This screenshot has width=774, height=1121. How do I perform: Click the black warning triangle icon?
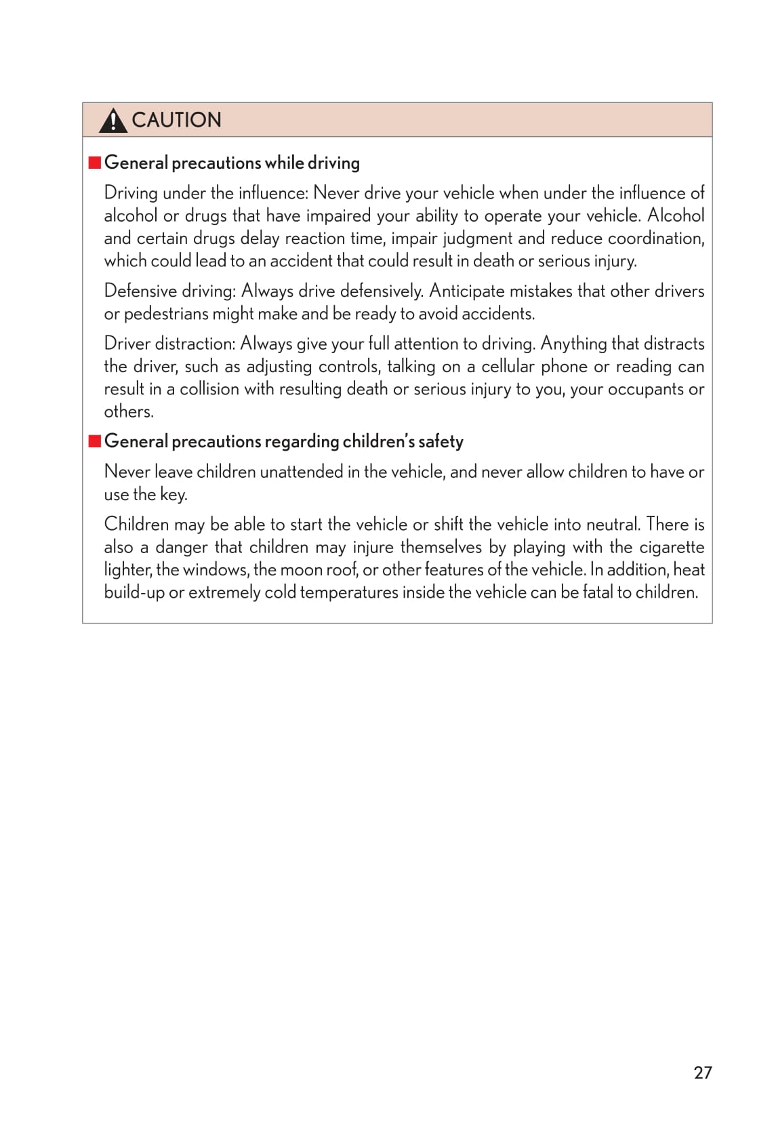coord(113,121)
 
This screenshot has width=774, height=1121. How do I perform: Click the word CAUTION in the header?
coord(176,120)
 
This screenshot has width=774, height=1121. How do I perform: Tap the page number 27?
coord(703,1072)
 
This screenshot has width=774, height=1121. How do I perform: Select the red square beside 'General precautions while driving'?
coord(95,163)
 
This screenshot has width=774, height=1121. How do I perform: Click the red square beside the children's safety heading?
coord(95,441)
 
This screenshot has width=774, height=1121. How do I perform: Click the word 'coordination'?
coord(655,239)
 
